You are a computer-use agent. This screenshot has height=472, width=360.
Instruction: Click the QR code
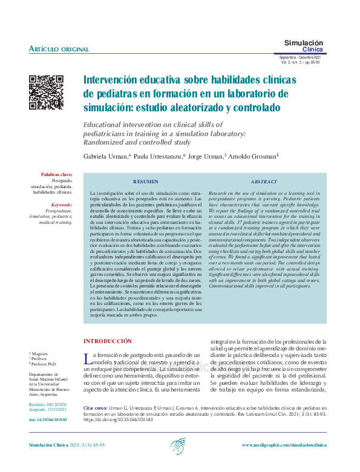(x=47, y=93)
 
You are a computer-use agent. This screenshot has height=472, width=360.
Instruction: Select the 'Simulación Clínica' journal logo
(x=304, y=46)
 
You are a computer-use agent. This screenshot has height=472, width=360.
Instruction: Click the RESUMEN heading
(x=146, y=182)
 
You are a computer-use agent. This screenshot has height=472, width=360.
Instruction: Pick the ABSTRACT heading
(x=264, y=182)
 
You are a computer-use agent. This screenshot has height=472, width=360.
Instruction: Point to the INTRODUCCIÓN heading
(x=107, y=341)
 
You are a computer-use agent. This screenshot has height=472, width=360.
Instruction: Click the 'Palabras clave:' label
(x=57, y=174)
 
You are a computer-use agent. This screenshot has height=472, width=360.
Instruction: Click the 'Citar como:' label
(x=96, y=408)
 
